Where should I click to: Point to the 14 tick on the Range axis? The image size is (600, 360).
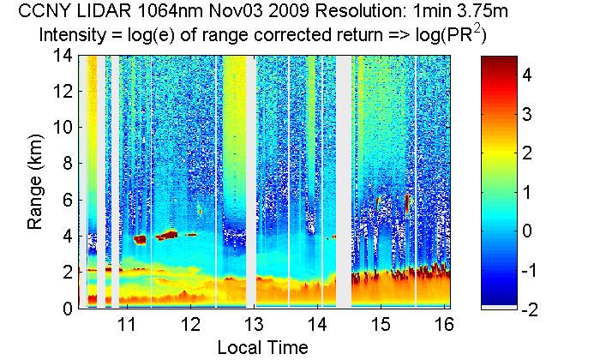click(63, 56)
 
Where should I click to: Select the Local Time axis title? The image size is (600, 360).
click(261, 347)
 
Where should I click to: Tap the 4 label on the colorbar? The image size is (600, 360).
click(528, 75)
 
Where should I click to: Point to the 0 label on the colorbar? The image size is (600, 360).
click(528, 231)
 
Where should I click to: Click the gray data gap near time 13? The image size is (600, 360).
click(250, 180)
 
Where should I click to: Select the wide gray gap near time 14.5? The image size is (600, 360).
click(343, 180)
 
